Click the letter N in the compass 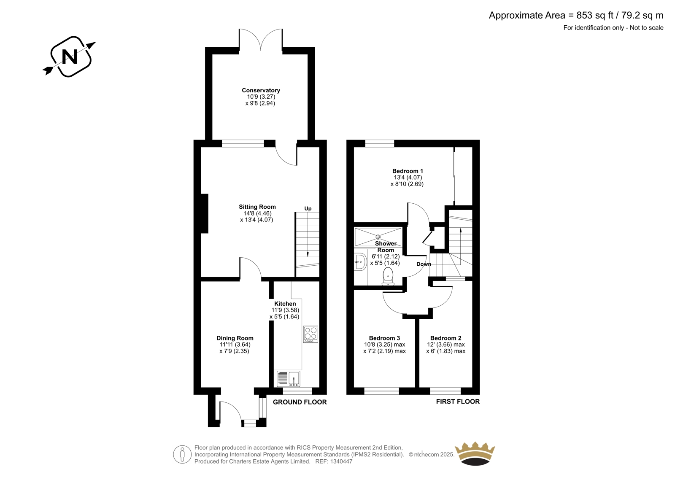click(x=70, y=57)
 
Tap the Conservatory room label click(x=261, y=90)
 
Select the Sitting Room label click(x=257, y=207)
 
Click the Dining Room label click(x=235, y=338)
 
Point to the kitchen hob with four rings click(x=310, y=334)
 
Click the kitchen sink click(x=289, y=378)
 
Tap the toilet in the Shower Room click(x=388, y=277)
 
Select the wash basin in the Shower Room click(x=360, y=262)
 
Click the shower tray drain click(x=378, y=237)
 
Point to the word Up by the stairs click(x=308, y=208)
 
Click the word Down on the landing click(x=424, y=264)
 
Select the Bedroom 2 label click(x=445, y=338)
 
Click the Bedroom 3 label click(x=384, y=338)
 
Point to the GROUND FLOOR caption click(x=300, y=402)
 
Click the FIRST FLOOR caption click(x=458, y=402)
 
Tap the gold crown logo click(x=475, y=453)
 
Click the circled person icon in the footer click(x=182, y=454)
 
